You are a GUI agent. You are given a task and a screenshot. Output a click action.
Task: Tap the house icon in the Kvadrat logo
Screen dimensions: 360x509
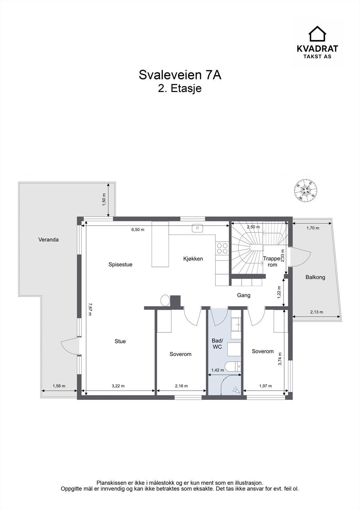(317, 34)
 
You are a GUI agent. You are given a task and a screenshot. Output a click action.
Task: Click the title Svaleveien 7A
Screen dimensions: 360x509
(180, 75)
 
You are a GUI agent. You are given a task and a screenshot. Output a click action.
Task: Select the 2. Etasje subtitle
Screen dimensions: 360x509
(180, 88)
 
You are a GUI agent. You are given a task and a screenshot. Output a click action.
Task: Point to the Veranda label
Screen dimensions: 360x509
(48, 240)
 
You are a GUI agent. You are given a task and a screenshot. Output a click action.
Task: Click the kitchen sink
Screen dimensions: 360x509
(197, 228)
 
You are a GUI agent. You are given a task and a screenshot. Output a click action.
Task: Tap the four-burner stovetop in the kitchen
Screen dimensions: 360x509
(222, 248)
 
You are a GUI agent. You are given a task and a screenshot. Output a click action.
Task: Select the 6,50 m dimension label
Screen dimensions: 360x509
(138, 229)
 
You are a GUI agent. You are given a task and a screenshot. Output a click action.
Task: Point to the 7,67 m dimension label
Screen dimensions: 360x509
(89, 309)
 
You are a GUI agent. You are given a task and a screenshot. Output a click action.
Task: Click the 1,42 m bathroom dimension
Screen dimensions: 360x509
(218, 370)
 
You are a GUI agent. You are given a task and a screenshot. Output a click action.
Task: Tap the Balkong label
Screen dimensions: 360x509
(315, 277)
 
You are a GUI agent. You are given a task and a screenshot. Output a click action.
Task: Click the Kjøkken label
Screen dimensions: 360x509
(193, 259)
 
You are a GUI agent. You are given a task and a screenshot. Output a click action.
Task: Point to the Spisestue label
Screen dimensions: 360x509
(120, 264)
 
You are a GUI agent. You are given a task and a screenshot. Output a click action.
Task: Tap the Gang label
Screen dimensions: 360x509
(244, 295)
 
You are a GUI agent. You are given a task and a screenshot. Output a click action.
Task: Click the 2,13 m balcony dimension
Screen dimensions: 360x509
(317, 312)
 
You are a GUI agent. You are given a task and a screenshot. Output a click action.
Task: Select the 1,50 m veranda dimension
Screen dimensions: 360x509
(104, 199)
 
